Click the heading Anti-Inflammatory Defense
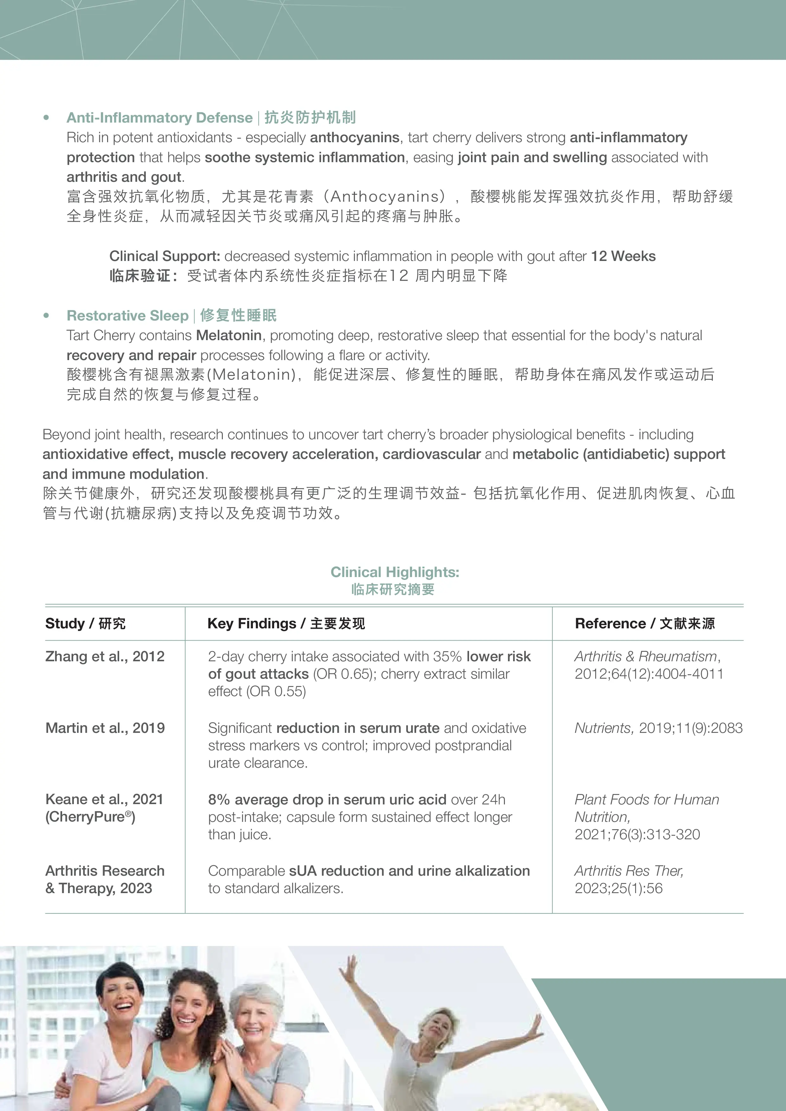pyautogui.click(x=159, y=117)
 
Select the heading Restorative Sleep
pyautogui.click(x=127, y=315)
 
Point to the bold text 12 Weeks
pyautogui.click(x=623, y=256)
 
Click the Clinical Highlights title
pyautogui.click(x=395, y=572)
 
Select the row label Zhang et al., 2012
pyautogui.click(x=105, y=656)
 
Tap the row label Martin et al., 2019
pyautogui.click(x=105, y=728)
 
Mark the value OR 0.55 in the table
pyautogui.click(x=276, y=691)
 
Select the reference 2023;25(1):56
pyautogui.click(x=618, y=888)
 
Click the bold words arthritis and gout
pyautogui.click(x=124, y=177)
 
